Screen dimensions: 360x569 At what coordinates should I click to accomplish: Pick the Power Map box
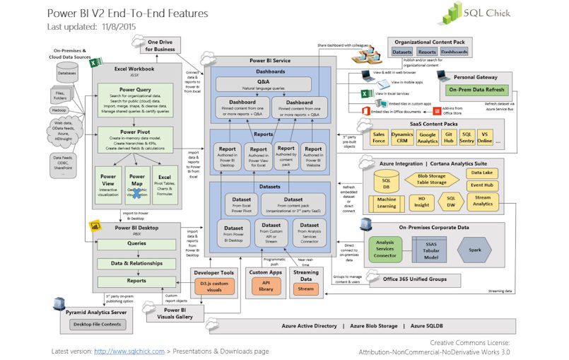[x=136, y=186]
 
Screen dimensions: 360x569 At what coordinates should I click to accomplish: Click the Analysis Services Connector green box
[x=385, y=249]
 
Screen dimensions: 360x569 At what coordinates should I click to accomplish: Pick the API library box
[x=266, y=286]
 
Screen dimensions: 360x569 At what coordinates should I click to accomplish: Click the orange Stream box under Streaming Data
[x=305, y=289]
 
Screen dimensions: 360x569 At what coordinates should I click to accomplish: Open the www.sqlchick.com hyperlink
[x=129, y=351]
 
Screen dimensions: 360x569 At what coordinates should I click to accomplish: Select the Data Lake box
[x=482, y=173]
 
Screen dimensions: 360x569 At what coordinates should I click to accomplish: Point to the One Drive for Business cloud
[x=160, y=46]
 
